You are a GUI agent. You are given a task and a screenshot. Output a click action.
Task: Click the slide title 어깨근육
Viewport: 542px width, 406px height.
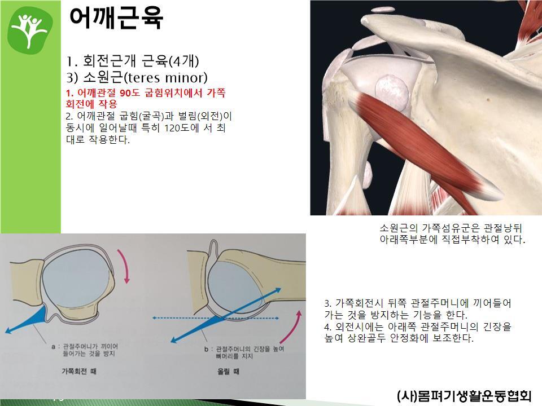click(x=116, y=17)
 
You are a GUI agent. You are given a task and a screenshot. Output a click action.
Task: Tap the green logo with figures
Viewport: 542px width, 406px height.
click(x=30, y=30)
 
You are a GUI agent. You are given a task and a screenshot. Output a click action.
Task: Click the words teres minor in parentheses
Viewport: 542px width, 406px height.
click(x=165, y=78)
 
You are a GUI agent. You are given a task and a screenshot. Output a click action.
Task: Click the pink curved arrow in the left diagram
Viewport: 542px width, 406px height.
click(x=124, y=266)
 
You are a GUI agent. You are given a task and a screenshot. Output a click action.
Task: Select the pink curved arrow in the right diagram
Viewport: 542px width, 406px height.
click(x=292, y=326)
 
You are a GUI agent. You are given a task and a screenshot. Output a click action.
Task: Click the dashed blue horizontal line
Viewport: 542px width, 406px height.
click(x=216, y=318)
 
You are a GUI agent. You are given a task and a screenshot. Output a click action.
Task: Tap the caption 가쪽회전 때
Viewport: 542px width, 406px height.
click(x=79, y=372)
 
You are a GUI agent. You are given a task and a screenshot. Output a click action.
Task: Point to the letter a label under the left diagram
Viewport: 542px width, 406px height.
click(x=53, y=346)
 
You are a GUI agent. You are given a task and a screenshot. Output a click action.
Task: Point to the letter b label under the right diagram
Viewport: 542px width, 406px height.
click(x=206, y=350)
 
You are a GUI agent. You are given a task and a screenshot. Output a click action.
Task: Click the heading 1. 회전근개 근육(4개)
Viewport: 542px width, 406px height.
click(x=132, y=61)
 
